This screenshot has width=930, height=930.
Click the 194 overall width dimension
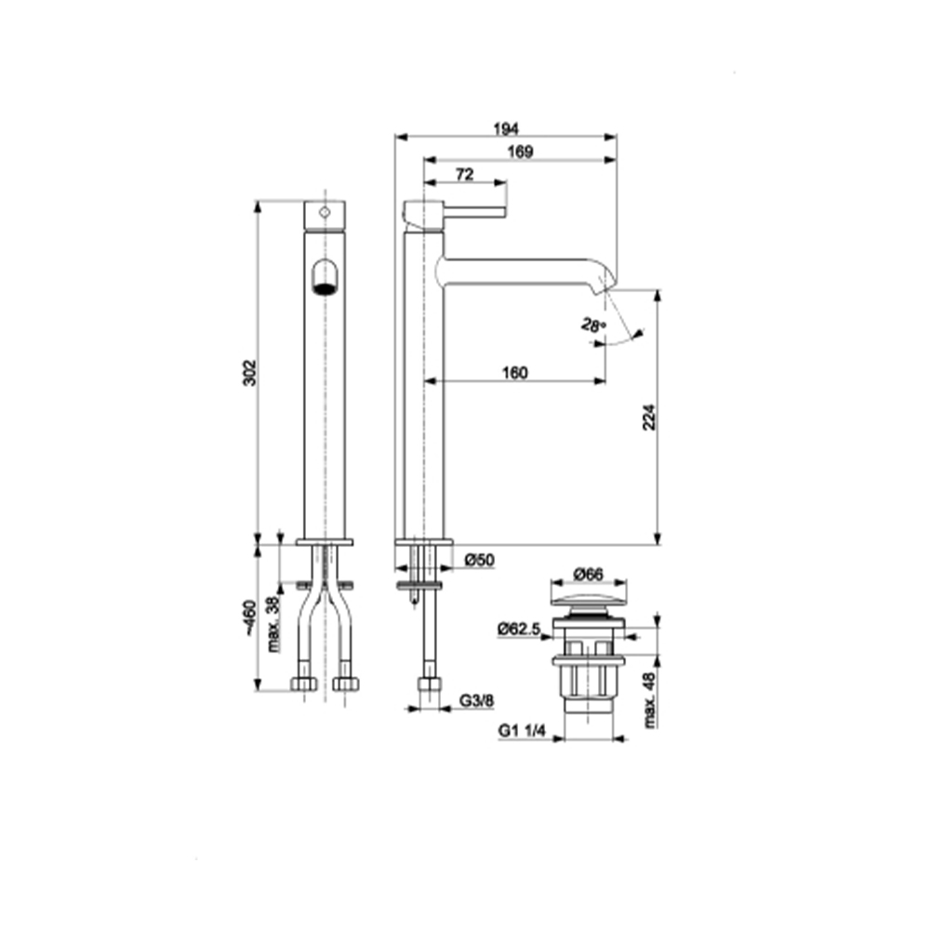(506, 128)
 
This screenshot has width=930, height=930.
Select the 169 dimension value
(520, 152)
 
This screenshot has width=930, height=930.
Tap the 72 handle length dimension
(464, 175)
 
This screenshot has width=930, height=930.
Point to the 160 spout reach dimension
(515, 373)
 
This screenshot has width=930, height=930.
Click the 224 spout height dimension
(650, 417)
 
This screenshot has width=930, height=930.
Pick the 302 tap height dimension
(249, 373)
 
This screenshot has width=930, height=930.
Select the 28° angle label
(593, 325)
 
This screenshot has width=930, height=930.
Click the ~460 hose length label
(249, 618)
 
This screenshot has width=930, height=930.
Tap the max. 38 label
(272, 625)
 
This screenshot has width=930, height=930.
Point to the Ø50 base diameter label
(479, 560)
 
